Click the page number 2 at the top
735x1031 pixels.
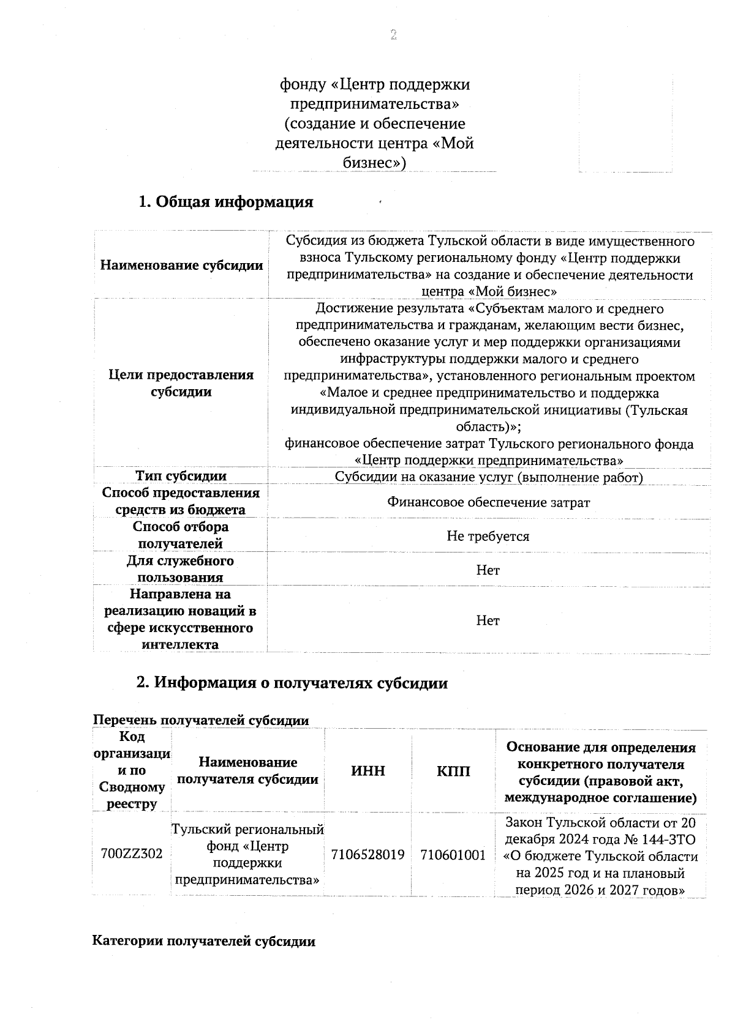[x=393, y=35]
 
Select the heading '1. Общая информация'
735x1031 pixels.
[x=225, y=202]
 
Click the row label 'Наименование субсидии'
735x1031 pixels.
[x=181, y=266]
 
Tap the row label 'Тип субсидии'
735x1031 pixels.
[x=181, y=476]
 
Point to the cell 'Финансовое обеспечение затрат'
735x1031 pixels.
[x=488, y=502]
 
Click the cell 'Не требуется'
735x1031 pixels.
[x=488, y=537]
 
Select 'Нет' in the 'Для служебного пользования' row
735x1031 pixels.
[x=488, y=570]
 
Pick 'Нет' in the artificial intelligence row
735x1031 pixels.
[x=488, y=620]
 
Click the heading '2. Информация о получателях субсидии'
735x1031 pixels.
[x=292, y=683]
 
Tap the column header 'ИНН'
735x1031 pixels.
[x=368, y=771]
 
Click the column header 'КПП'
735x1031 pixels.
[x=453, y=771]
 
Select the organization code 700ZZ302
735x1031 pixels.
[x=132, y=854]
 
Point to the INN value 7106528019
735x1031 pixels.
[x=368, y=855]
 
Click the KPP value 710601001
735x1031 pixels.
[x=453, y=855]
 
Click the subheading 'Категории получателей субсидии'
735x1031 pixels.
[x=203, y=942]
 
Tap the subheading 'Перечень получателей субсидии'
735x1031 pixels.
[x=200, y=720]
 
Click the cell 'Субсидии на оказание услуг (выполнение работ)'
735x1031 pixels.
[x=488, y=477]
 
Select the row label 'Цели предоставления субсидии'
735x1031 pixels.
[x=181, y=383]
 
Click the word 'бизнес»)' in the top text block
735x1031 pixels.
[x=375, y=163]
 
